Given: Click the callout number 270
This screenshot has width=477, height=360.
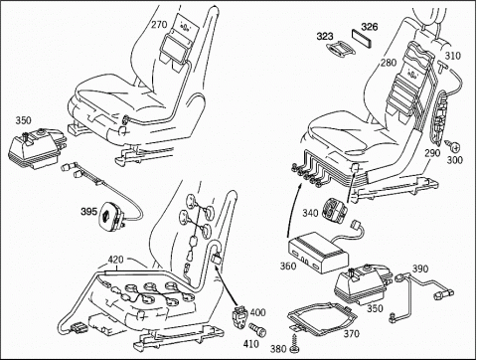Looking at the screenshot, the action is click(159, 25).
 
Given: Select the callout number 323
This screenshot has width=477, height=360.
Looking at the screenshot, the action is click(325, 36).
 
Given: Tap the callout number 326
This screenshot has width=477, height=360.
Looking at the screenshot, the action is click(370, 27).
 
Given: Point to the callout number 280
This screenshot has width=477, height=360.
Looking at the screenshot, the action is click(389, 63).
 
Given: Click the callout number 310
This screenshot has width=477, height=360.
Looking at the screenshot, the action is click(452, 56).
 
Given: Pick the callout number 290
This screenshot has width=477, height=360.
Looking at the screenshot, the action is click(432, 153).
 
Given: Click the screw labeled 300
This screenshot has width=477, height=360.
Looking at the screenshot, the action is click(455, 145).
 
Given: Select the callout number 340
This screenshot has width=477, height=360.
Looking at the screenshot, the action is click(310, 213).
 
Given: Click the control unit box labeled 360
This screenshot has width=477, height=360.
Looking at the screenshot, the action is click(318, 253).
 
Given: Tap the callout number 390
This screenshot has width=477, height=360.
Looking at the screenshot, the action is click(420, 269).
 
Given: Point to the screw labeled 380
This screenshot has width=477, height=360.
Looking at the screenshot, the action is click(294, 343).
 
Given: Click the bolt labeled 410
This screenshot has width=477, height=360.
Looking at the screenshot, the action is click(257, 328).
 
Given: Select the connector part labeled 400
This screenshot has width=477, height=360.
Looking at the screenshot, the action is click(239, 317).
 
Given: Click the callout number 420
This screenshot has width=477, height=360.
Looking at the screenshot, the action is click(115, 259).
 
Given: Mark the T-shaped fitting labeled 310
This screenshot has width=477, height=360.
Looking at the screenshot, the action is click(441, 65).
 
